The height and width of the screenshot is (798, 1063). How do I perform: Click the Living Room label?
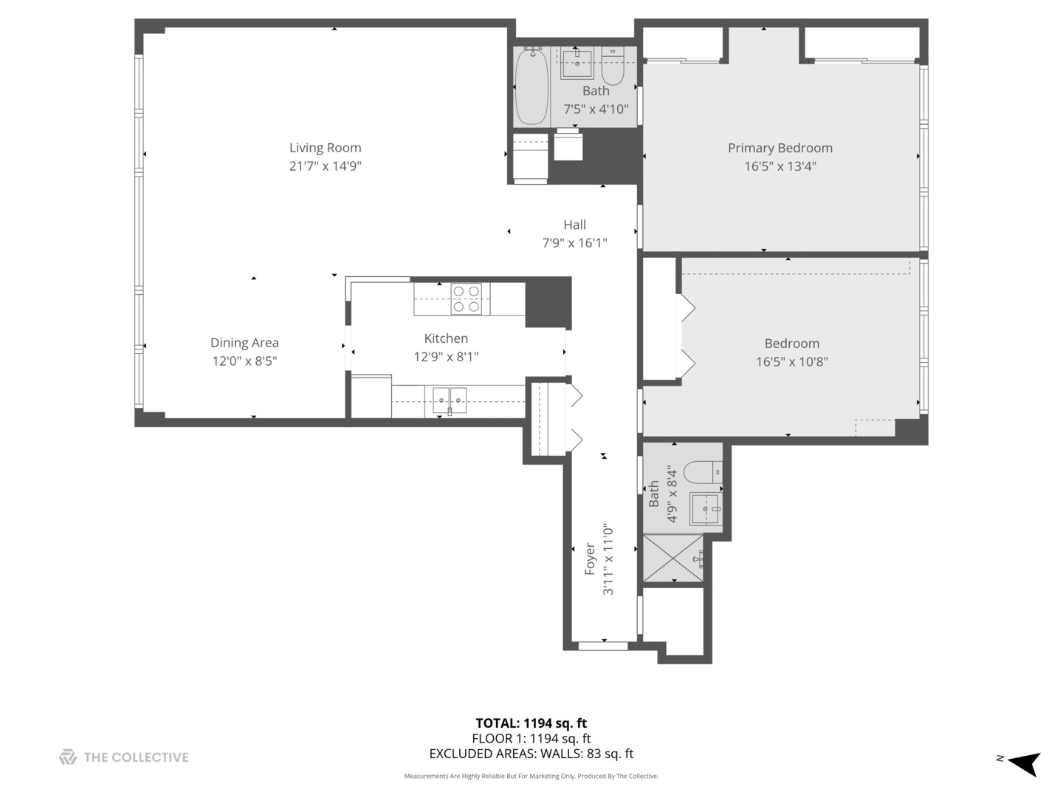click(x=325, y=148)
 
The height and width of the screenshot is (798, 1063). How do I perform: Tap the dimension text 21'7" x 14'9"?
click(x=325, y=166)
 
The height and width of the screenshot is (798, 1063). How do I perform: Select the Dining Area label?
click(x=244, y=343)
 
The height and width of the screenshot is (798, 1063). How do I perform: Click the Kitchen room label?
click(x=446, y=338)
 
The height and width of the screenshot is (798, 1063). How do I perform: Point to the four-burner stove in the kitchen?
click(x=466, y=299)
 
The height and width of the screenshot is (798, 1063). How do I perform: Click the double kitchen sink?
click(x=449, y=400)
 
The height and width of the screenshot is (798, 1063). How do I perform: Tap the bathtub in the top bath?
click(x=531, y=86)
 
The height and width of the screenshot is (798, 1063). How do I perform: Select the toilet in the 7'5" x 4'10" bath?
click(x=613, y=66)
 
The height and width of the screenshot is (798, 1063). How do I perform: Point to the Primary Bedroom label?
click(x=780, y=148)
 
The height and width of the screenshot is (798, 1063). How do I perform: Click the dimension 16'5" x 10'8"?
click(x=791, y=362)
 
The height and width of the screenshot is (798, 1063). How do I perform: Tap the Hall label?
click(x=574, y=225)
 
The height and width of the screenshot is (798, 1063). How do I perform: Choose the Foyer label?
click(x=590, y=559)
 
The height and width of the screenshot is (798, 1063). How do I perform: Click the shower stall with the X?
click(x=673, y=558)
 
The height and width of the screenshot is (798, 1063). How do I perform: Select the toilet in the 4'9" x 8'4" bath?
click(x=702, y=471)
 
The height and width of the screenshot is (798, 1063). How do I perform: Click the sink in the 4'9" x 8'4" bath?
click(x=705, y=509)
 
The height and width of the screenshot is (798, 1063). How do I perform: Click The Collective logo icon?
click(x=68, y=757)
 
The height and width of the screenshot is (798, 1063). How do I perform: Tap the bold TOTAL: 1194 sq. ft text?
click(x=531, y=723)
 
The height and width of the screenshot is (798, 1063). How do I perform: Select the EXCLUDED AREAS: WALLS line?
click(x=531, y=754)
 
